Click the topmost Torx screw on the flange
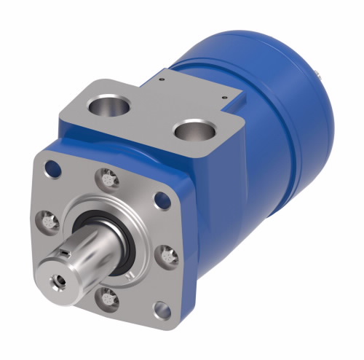coord(107,176)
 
